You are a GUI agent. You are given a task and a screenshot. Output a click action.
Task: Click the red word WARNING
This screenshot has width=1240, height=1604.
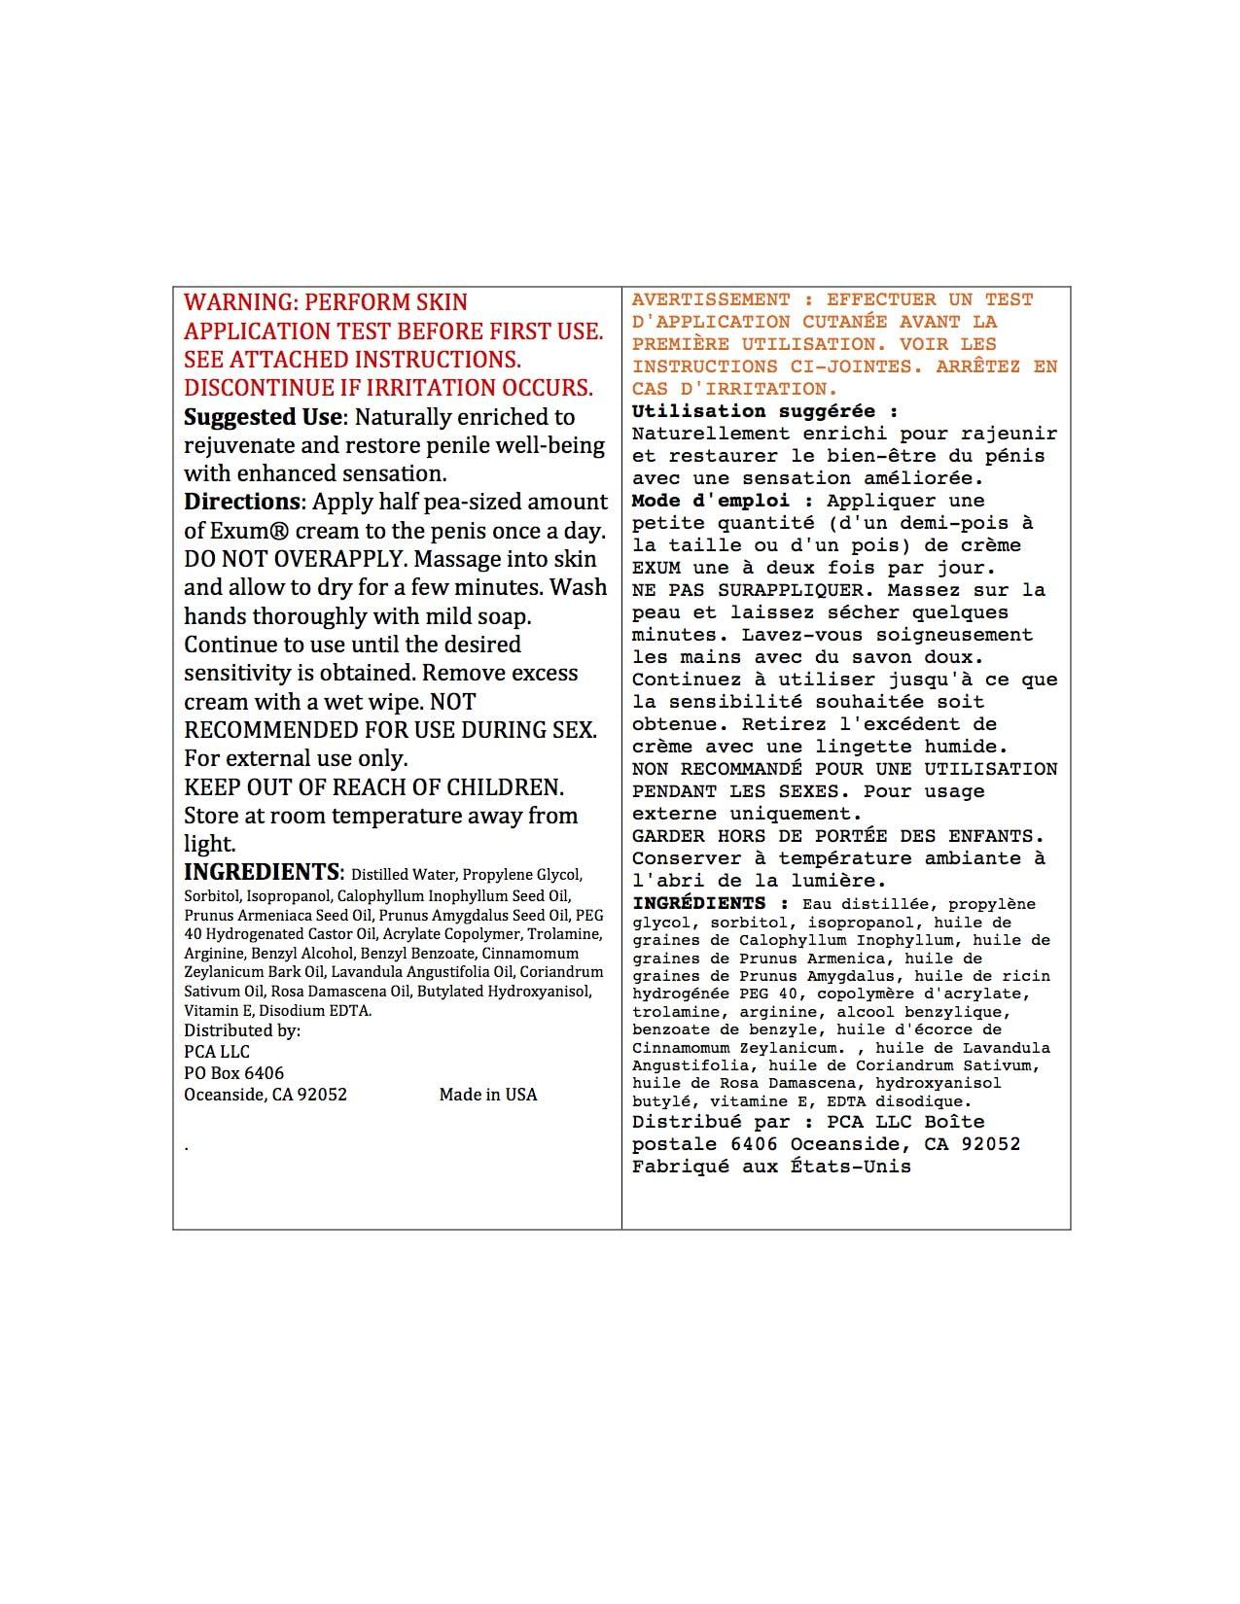[233, 302]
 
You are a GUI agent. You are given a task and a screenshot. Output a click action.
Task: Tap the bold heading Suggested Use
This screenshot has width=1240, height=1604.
[263, 417]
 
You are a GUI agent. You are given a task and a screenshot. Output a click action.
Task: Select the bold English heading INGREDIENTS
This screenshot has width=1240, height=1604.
[263, 871]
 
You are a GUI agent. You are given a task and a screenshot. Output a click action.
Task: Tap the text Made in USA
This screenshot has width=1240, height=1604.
[487, 1095]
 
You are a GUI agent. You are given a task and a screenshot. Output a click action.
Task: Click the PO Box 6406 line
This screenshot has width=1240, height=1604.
[234, 1073]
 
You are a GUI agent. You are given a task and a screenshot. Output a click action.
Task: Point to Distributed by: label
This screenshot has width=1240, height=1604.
[242, 1030]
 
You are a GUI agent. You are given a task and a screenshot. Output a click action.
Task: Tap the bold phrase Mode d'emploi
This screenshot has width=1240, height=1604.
[714, 501]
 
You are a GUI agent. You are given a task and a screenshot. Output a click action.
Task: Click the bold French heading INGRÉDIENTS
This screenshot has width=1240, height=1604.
[698, 903]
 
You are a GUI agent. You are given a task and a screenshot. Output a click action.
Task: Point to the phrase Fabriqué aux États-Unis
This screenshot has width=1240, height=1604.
[771, 1167]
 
